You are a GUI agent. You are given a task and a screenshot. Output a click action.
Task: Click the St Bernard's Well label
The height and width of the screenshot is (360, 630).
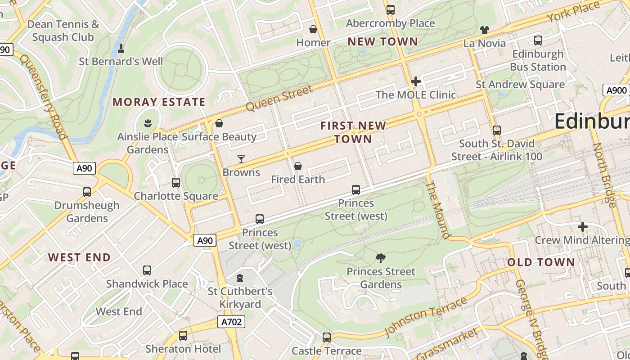click(121, 61)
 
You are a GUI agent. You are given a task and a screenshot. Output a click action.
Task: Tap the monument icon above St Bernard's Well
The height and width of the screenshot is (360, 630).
click(121, 48)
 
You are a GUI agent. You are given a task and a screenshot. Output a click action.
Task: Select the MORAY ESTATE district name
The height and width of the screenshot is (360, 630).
click(159, 102)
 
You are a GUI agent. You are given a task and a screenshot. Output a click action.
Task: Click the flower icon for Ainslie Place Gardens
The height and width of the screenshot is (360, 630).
click(147, 122)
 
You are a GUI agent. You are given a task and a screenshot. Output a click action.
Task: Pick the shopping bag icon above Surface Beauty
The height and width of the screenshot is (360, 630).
click(219, 123)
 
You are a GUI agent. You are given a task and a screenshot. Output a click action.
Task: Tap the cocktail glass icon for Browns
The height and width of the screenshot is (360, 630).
click(241, 159)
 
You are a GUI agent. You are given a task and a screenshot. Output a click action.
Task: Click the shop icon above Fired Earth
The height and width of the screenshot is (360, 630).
click(297, 166)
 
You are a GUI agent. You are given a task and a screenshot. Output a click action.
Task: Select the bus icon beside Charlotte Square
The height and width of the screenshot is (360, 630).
click(176, 183)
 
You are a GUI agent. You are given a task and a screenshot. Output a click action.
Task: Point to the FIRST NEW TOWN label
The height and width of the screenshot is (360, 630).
click(353, 132)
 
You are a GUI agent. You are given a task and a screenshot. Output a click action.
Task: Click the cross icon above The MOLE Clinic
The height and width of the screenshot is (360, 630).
click(416, 81)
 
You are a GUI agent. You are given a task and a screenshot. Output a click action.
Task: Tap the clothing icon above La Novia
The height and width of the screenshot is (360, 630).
click(484, 30)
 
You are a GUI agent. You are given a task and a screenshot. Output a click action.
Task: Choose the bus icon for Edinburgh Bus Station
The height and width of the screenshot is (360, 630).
click(538, 40)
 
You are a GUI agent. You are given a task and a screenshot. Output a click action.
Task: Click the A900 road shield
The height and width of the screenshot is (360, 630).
click(616, 90)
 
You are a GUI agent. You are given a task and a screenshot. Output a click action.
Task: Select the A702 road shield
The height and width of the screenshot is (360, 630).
click(232, 322)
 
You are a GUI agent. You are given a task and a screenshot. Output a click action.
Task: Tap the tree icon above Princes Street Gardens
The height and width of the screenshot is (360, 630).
click(381, 258)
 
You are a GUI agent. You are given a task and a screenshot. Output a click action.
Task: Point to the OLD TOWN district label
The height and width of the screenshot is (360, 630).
click(541, 262)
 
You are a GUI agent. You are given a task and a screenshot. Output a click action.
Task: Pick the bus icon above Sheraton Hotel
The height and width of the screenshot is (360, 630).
click(183, 335)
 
